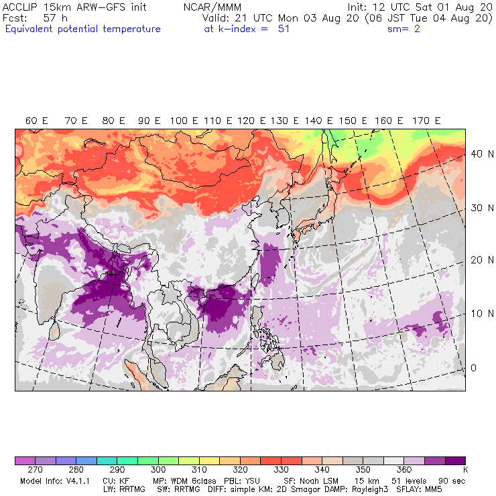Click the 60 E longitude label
pyautogui.click(x=36, y=121)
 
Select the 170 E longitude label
pyautogui.click(x=426, y=121)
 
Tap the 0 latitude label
pyautogui.click(x=473, y=367)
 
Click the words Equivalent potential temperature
pyautogui.click(x=82, y=29)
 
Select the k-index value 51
pyautogui.click(x=284, y=29)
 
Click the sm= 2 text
pyautogui.click(x=404, y=29)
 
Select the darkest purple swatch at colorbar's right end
pyautogui.click(x=456, y=461)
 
